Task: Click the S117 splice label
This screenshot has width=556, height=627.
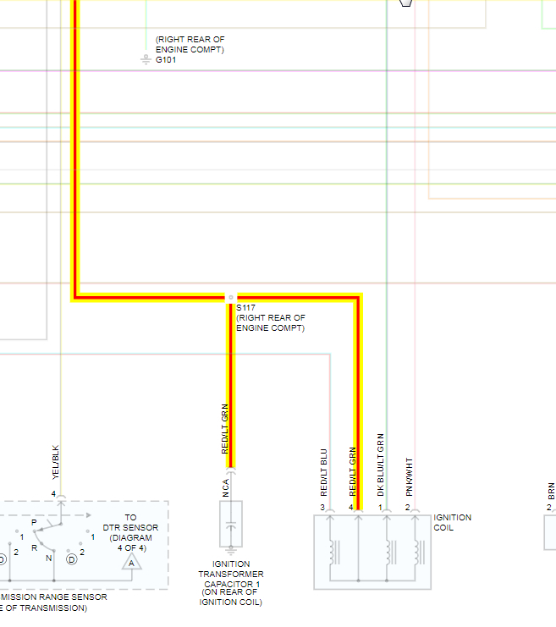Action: pos(245,307)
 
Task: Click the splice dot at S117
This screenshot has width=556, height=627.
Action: pos(231,298)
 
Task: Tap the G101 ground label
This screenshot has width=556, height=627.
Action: pos(166,60)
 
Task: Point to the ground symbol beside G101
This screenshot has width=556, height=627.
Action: pos(146,59)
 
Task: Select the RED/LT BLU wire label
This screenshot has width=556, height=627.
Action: pos(323,472)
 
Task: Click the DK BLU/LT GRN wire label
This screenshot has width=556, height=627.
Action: pos(381,465)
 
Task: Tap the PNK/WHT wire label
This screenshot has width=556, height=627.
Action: pos(409,476)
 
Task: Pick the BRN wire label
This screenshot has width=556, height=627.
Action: pos(551,490)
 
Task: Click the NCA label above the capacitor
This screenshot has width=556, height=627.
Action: pos(226,487)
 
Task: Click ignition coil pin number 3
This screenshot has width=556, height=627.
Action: pos(322,508)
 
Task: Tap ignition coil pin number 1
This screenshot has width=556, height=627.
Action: pos(381,508)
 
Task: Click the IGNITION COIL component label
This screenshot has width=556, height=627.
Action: pos(452,522)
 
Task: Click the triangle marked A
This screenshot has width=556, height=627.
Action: pos(130,562)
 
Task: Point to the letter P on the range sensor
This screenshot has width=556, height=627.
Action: pos(33,523)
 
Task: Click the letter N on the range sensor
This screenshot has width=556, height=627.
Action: pos(49,558)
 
